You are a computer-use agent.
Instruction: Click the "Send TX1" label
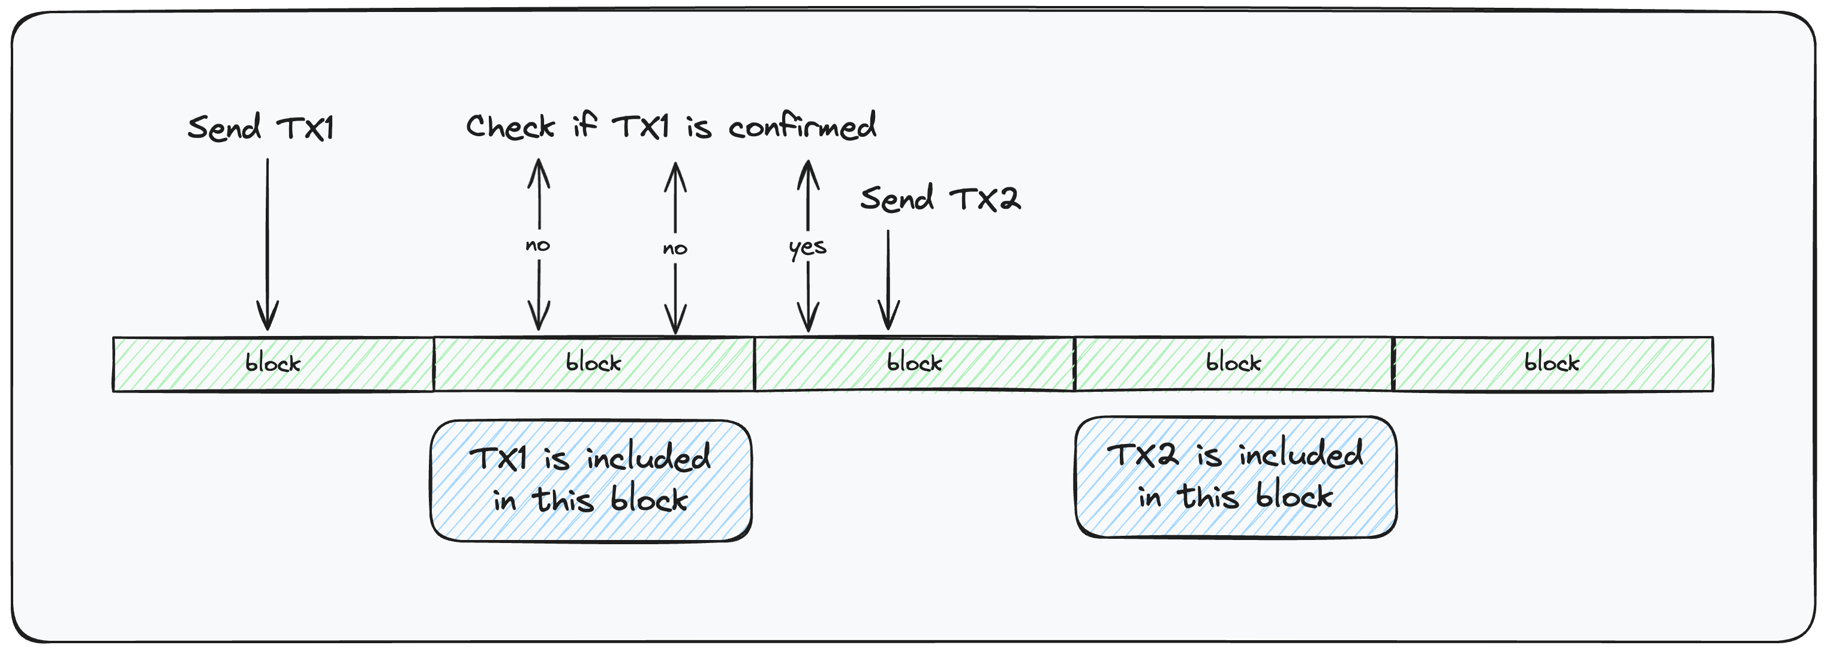click(260, 128)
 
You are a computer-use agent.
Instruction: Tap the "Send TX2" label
click(940, 199)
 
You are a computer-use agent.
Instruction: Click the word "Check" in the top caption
click(510, 126)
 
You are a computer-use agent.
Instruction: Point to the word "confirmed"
click(802, 125)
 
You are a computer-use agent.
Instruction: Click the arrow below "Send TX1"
click(268, 244)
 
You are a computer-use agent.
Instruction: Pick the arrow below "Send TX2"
click(888, 280)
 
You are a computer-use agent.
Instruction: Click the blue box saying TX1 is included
click(591, 481)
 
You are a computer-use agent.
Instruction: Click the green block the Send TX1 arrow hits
click(274, 364)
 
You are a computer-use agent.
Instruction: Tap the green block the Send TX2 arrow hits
click(914, 364)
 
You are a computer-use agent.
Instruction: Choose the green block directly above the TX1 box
click(594, 364)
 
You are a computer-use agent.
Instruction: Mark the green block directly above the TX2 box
click(1234, 364)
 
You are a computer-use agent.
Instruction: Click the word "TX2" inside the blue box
click(1143, 455)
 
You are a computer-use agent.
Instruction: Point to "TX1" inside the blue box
click(498, 458)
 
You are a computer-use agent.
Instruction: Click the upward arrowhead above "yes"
click(808, 175)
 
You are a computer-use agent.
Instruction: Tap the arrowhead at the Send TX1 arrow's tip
click(268, 315)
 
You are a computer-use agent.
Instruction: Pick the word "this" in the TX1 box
click(563, 500)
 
